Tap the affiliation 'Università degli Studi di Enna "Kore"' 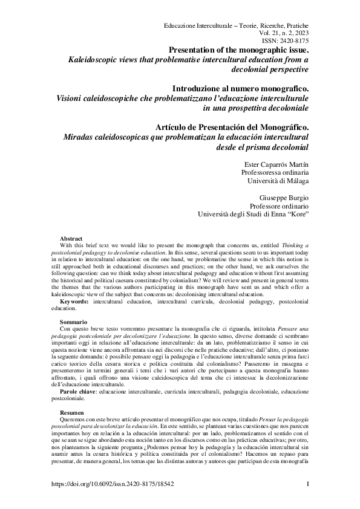pyautogui.click(x=254, y=214)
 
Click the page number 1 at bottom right pyautogui.click(x=308, y=484)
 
